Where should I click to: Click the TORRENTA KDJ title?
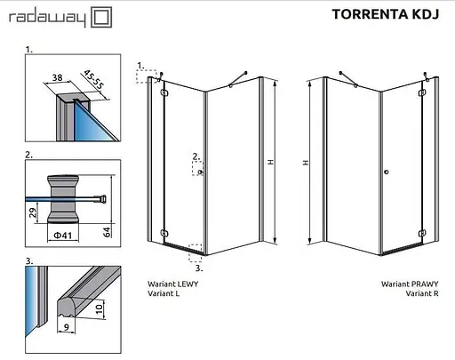point(386,14)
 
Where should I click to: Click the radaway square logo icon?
point(101,17)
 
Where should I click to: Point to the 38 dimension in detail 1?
point(57,77)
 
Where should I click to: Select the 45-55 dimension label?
point(94,79)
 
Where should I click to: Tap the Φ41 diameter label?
point(63,236)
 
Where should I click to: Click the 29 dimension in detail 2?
point(33,212)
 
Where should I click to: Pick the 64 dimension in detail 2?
point(107,232)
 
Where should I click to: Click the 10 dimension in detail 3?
point(100,309)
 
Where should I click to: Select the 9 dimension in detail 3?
point(67,327)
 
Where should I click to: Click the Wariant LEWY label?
point(172,284)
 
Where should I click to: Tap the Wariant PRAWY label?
point(410,284)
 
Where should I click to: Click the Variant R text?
point(422,293)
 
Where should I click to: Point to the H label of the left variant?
point(270,162)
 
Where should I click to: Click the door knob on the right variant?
point(386,172)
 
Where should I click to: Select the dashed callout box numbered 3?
point(196,253)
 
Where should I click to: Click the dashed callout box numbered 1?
point(147,76)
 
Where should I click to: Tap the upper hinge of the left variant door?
point(164,92)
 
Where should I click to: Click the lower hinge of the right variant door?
point(422,234)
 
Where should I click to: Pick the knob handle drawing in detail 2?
point(63,199)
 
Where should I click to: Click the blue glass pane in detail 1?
point(89,124)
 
